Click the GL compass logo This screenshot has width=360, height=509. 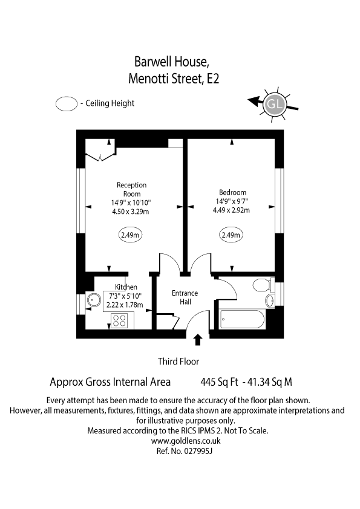[x=275, y=103]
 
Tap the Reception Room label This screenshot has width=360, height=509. [x=131, y=189]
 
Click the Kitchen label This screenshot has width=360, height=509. [x=126, y=287]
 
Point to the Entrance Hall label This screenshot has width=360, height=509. [x=185, y=297]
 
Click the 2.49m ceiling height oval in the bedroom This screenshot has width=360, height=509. [x=231, y=235]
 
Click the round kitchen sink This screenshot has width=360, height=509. [x=94, y=300]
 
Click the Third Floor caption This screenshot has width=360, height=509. [x=178, y=361]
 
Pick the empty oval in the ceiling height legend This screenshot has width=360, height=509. [x=67, y=103]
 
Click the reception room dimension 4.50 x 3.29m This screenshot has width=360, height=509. [x=131, y=211]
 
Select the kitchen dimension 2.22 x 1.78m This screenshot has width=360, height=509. [x=125, y=305]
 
